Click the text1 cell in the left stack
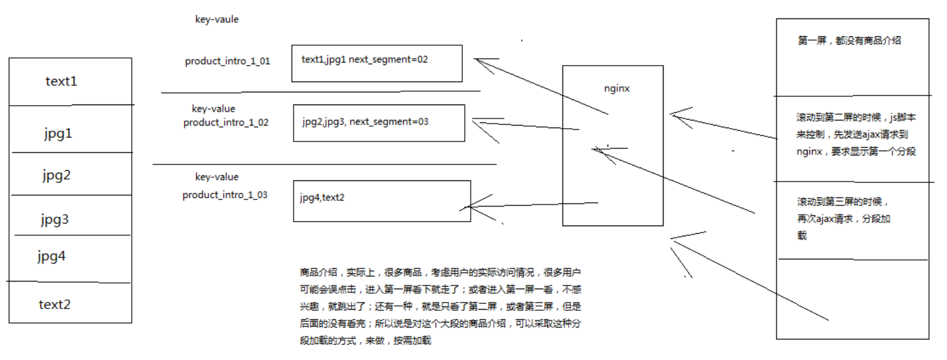pos(61,82)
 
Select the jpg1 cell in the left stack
pos(58,134)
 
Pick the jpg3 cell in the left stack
pos(55,220)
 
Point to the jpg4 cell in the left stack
pos(52,257)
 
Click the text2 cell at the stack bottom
pos(54,304)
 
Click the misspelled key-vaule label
pos(217,20)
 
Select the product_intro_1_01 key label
pos(227,62)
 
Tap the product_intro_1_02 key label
pos(226,122)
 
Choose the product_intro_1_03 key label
pos(225,195)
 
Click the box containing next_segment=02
pos(376,63)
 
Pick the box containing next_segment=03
pos(379,123)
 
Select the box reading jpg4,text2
pos(381,201)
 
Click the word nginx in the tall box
pos(616,89)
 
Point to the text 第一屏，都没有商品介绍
pos(849,41)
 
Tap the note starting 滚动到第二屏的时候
pos(856,134)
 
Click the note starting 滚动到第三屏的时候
pos(841,218)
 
